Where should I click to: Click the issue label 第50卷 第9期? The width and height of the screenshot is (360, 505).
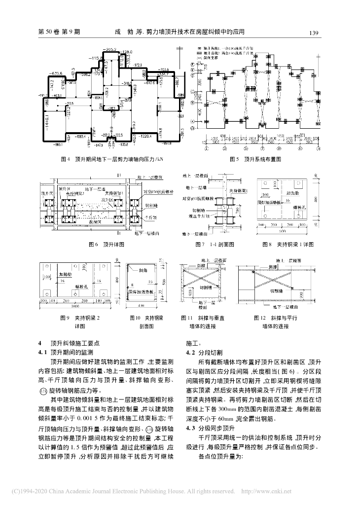[59, 33]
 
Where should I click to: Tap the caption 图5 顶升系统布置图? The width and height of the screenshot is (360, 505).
[255, 159]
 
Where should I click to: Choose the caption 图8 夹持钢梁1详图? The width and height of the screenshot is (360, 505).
[286, 244]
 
